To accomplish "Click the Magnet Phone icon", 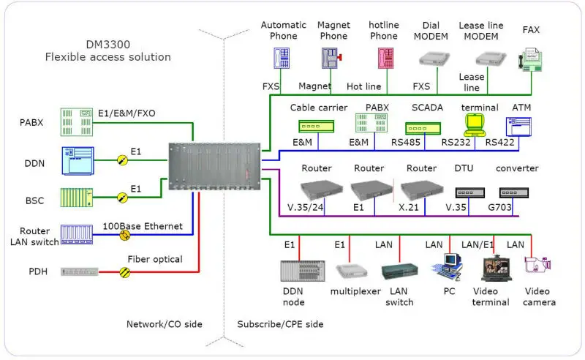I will (331, 58).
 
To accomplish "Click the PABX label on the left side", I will (31, 123).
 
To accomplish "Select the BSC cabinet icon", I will (78, 198).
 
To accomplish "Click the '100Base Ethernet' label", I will (143, 226).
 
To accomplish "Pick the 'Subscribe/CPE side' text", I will (280, 323).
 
